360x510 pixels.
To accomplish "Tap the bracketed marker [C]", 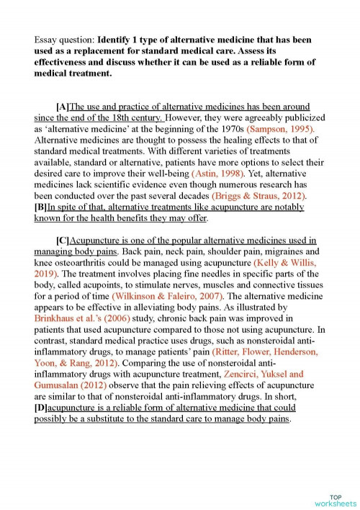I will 62,241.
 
